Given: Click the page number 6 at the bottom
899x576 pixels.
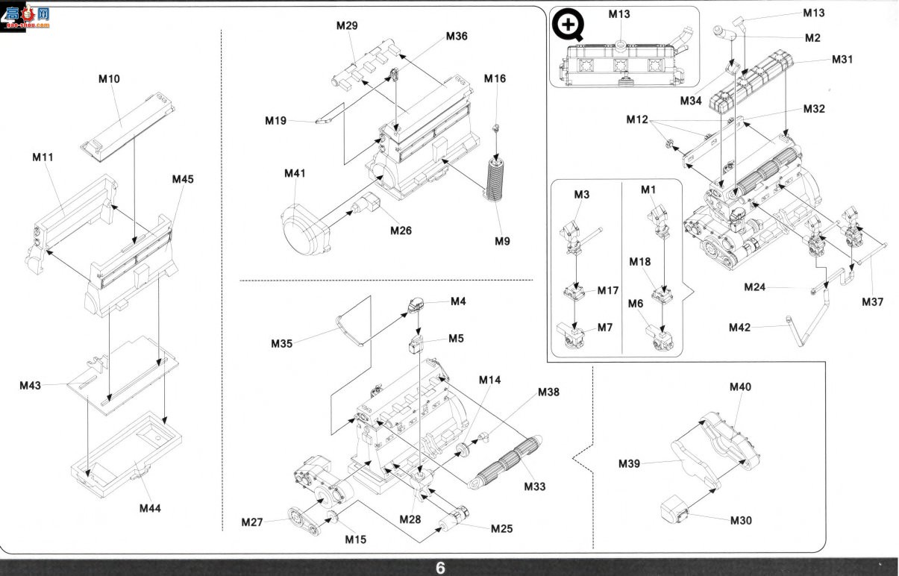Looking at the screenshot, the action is [440, 568].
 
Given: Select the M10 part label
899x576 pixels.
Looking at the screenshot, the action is [109, 78].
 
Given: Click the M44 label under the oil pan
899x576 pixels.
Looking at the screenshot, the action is [150, 508].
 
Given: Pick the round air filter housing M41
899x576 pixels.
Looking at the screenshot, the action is [305, 230].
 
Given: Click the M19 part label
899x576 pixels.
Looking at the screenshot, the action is [276, 120].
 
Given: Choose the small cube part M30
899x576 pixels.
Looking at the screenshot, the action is [674, 508].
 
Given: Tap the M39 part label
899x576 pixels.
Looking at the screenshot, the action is [630, 463].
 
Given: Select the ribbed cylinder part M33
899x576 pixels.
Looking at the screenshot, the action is [505, 462].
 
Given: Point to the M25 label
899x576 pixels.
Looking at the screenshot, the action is [502, 529].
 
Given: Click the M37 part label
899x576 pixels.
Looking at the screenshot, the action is [872, 302].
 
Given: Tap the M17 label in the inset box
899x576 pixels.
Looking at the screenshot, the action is [608, 290].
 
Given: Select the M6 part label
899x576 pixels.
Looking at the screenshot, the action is [636, 304].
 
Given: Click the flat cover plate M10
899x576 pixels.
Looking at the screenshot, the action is [128, 127].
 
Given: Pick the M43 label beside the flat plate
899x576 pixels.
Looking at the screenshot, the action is [31, 385].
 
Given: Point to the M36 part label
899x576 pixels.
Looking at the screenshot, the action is [457, 36].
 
